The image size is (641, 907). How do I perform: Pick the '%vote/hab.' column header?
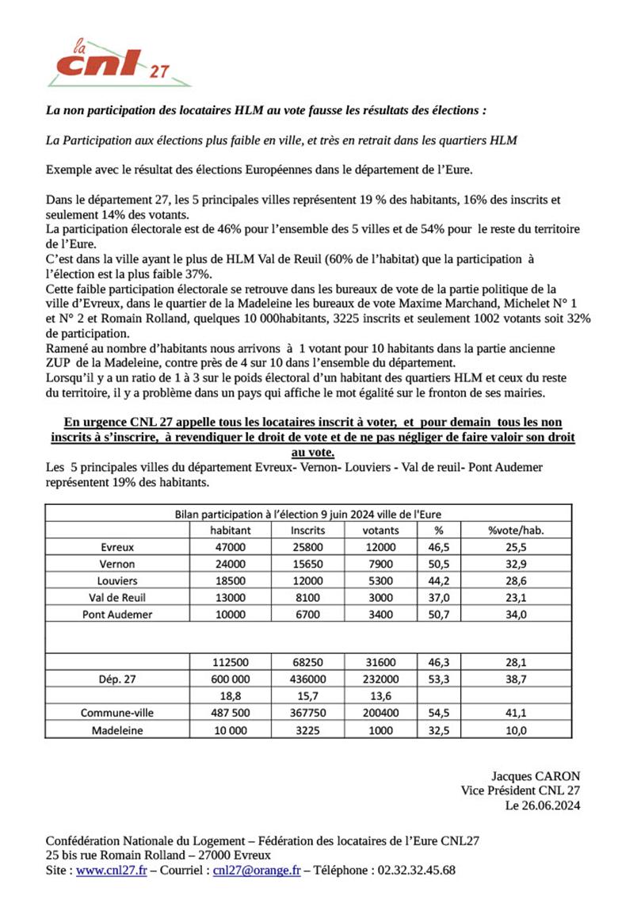coord(516,530)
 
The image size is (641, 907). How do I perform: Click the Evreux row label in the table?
coord(118,546)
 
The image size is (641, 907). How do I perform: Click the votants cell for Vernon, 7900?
coord(380,564)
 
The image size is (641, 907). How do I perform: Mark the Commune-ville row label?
coord(118,713)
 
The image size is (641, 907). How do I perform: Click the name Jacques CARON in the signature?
coord(536,776)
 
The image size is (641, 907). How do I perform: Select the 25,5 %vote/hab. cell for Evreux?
coord(516,546)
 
